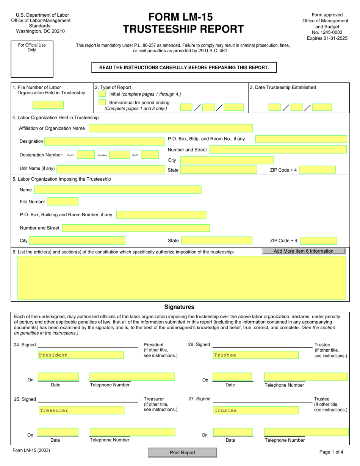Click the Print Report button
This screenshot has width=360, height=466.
tap(182, 452)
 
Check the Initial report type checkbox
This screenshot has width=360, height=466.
tap(102, 94)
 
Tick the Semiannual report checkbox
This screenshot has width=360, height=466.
tap(102, 103)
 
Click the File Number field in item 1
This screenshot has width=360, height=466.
tap(48, 105)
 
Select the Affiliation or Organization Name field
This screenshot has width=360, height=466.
tap(171, 128)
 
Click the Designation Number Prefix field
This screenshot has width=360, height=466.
tap(86, 155)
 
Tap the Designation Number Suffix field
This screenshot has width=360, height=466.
tap(150, 155)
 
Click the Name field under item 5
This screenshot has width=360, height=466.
tap(118, 190)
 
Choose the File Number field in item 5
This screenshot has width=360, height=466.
tap(63, 202)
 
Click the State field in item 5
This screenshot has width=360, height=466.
tap(216, 241)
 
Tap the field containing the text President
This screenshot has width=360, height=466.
tap(81, 355)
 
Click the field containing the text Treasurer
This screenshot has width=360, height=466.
tap(81, 410)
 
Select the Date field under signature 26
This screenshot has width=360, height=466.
tap(232, 377)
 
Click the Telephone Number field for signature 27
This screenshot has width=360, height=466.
tap(306, 432)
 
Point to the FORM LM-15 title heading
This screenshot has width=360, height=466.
tap(180, 17)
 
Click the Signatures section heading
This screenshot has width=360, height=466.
tap(179, 307)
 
